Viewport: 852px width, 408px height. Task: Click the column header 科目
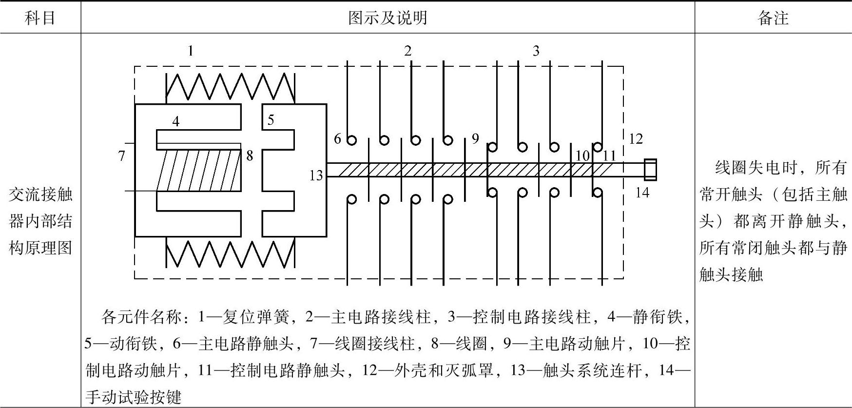coord(40,18)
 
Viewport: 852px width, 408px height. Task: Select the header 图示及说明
coord(387,18)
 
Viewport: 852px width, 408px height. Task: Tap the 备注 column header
coord(773,18)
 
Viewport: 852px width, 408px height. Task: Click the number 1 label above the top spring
coord(191,51)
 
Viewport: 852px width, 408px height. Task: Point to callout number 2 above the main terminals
coord(408,51)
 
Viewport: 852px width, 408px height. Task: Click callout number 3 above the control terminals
coord(536,51)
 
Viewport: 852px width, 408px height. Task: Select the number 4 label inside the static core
coord(176,121)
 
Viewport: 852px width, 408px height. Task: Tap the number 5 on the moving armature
coord(271,119)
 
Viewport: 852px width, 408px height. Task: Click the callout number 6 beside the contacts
coord(337,139)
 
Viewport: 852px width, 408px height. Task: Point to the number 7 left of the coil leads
coord(122,156)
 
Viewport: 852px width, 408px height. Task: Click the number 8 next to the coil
coord(250,155)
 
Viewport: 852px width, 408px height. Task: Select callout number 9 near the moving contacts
coord(475,139)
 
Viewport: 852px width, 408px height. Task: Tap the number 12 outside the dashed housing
coord(636,139)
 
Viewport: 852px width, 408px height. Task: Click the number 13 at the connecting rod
coord(316,175)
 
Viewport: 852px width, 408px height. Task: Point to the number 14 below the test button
coord(642,193)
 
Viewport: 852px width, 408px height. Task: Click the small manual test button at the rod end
coord(650,170)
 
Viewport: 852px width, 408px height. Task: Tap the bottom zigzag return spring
coord(230,253)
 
